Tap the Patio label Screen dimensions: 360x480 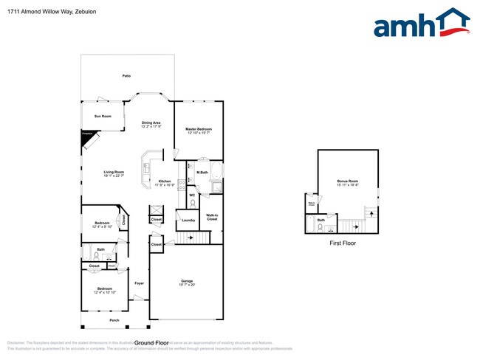pos(127,76)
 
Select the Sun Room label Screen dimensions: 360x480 pos(103,117)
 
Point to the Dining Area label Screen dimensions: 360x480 pos(151,122)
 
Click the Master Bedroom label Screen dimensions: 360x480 pos(199,129)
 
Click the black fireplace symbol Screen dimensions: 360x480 pos(86,136)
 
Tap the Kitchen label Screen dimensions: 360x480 pos(165,181)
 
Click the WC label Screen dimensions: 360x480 pos(191,195)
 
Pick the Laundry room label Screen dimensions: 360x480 pos(188,220)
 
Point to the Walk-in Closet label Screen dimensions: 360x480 pos(212,218)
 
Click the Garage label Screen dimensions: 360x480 pos(187,280)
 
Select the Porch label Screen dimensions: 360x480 pos(114,321)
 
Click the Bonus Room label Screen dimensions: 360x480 pos(347,181)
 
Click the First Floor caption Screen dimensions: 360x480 pos(343,243)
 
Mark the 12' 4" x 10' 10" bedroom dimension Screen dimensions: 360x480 pos(103,293)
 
